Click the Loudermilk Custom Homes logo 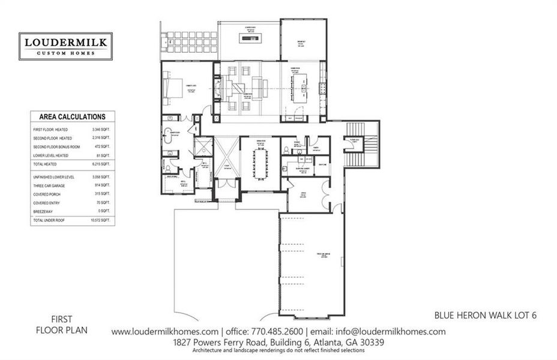click(65, 46)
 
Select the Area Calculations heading click(72, 117)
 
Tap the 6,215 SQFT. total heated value click(101, 164)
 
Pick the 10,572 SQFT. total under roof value click(100, 221)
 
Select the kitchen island click(298, 89)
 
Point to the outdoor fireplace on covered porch click(248, 40)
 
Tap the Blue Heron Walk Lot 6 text click(485, 314)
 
